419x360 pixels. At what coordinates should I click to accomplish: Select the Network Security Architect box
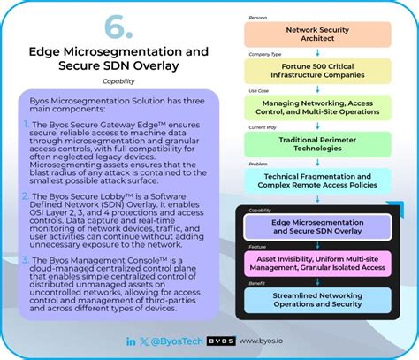click(x=317, y=33)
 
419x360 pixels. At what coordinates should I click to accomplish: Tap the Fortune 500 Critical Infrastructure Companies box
click(x=317, y=71)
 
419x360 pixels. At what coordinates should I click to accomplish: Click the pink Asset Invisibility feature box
click(x=318, y=261)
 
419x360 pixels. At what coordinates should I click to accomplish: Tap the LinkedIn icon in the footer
click(x=131, y=340)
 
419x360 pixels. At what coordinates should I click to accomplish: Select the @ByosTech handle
click(x=179, y=340)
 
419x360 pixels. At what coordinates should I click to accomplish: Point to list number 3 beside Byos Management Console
click(x=27, y=259)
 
